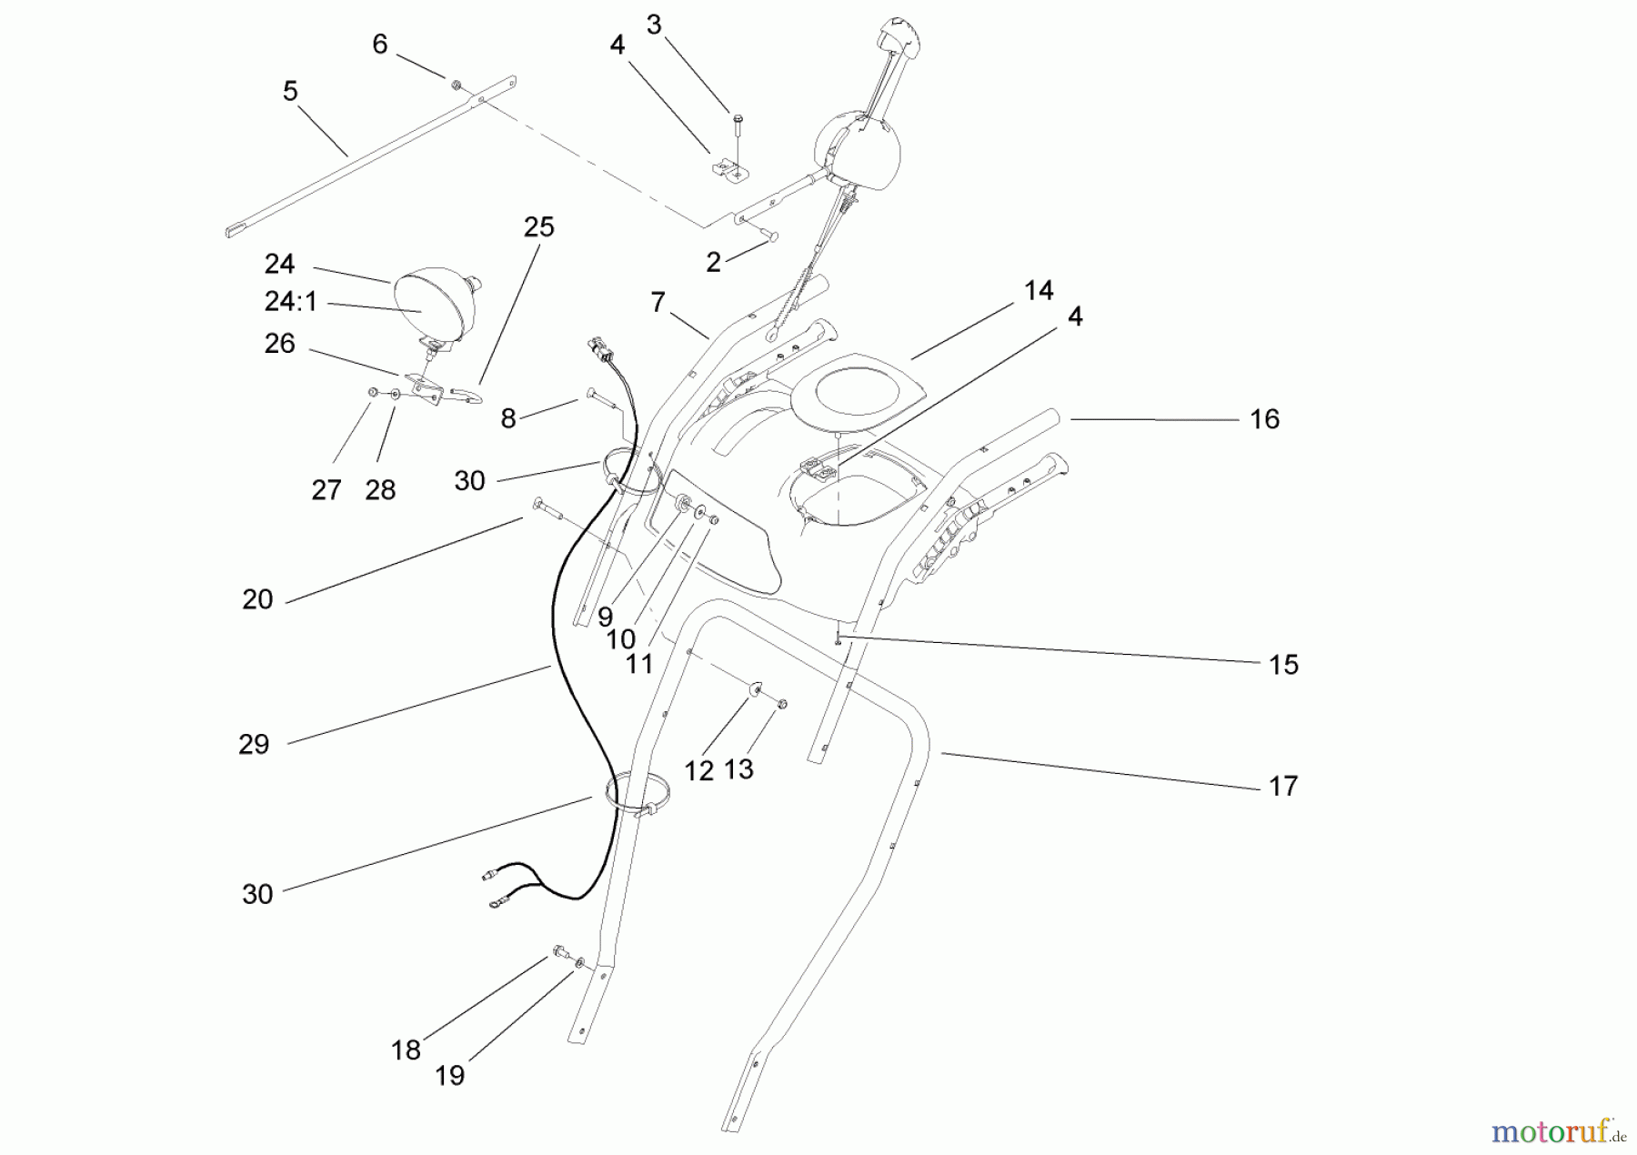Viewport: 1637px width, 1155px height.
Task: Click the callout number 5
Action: pyautogui.click(x=290, y=91)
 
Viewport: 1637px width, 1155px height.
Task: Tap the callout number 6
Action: pyautogui.click(x=380, y=44)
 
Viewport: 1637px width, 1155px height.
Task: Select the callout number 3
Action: pyautogui.click(x=654, y=25)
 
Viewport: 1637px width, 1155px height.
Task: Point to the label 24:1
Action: pyautogui.click(x=291, y=301)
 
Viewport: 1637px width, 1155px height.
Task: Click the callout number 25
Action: pyautogui.click(x=538, y=226)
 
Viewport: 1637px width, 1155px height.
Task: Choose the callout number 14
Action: pyautogui.click(x=1039, y=290)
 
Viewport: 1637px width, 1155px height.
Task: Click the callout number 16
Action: pyautogui.click(x=1264, y=419)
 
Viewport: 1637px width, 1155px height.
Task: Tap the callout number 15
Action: pyautogui.click(x=1283, y=665)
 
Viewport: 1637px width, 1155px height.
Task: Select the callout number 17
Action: pyautogui.click(x=1282, y=786)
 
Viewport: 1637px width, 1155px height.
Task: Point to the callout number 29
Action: pyautogui.click(x=254, y=744)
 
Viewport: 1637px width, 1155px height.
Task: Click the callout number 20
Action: pyautogui.click(x=257, y=599)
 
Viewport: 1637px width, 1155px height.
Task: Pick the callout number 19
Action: pyautogui.click(x=449, y=1075)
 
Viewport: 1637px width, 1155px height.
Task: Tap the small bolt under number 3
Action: pyautogui.click(x=737, y=126)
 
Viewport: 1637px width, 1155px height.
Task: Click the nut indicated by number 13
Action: pyautogui.click(x=782, y=704)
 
